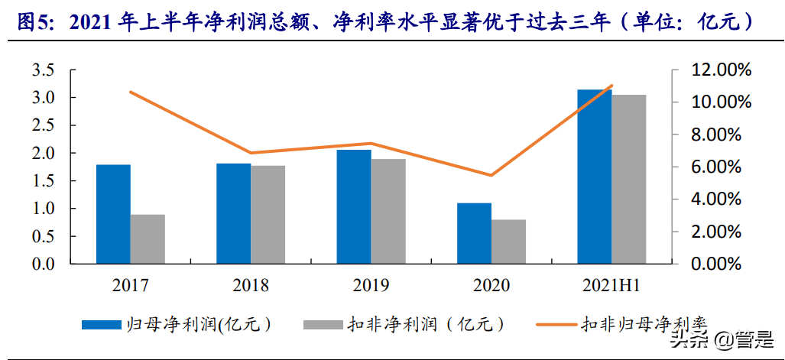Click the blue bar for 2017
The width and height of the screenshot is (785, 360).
(113, 214)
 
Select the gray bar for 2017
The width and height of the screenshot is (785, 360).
(148, 239)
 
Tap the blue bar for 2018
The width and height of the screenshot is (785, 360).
(233, 213)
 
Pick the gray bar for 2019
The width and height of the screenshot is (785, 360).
(388, 211)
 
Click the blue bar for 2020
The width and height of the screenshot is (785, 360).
(474, 233)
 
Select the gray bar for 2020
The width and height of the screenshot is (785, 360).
(508, 242)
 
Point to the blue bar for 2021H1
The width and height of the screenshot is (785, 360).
(594, 177)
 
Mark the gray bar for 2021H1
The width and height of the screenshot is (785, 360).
(628, 179)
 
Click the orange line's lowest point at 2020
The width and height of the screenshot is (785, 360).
(491, 175)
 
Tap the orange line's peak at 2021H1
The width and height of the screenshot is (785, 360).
(612, 86)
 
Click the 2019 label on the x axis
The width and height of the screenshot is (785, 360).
(371, 286)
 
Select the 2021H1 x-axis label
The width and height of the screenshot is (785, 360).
(611, 286)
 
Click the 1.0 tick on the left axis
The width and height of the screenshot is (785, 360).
(43, 209)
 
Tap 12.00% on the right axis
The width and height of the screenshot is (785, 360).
(716, 70)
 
